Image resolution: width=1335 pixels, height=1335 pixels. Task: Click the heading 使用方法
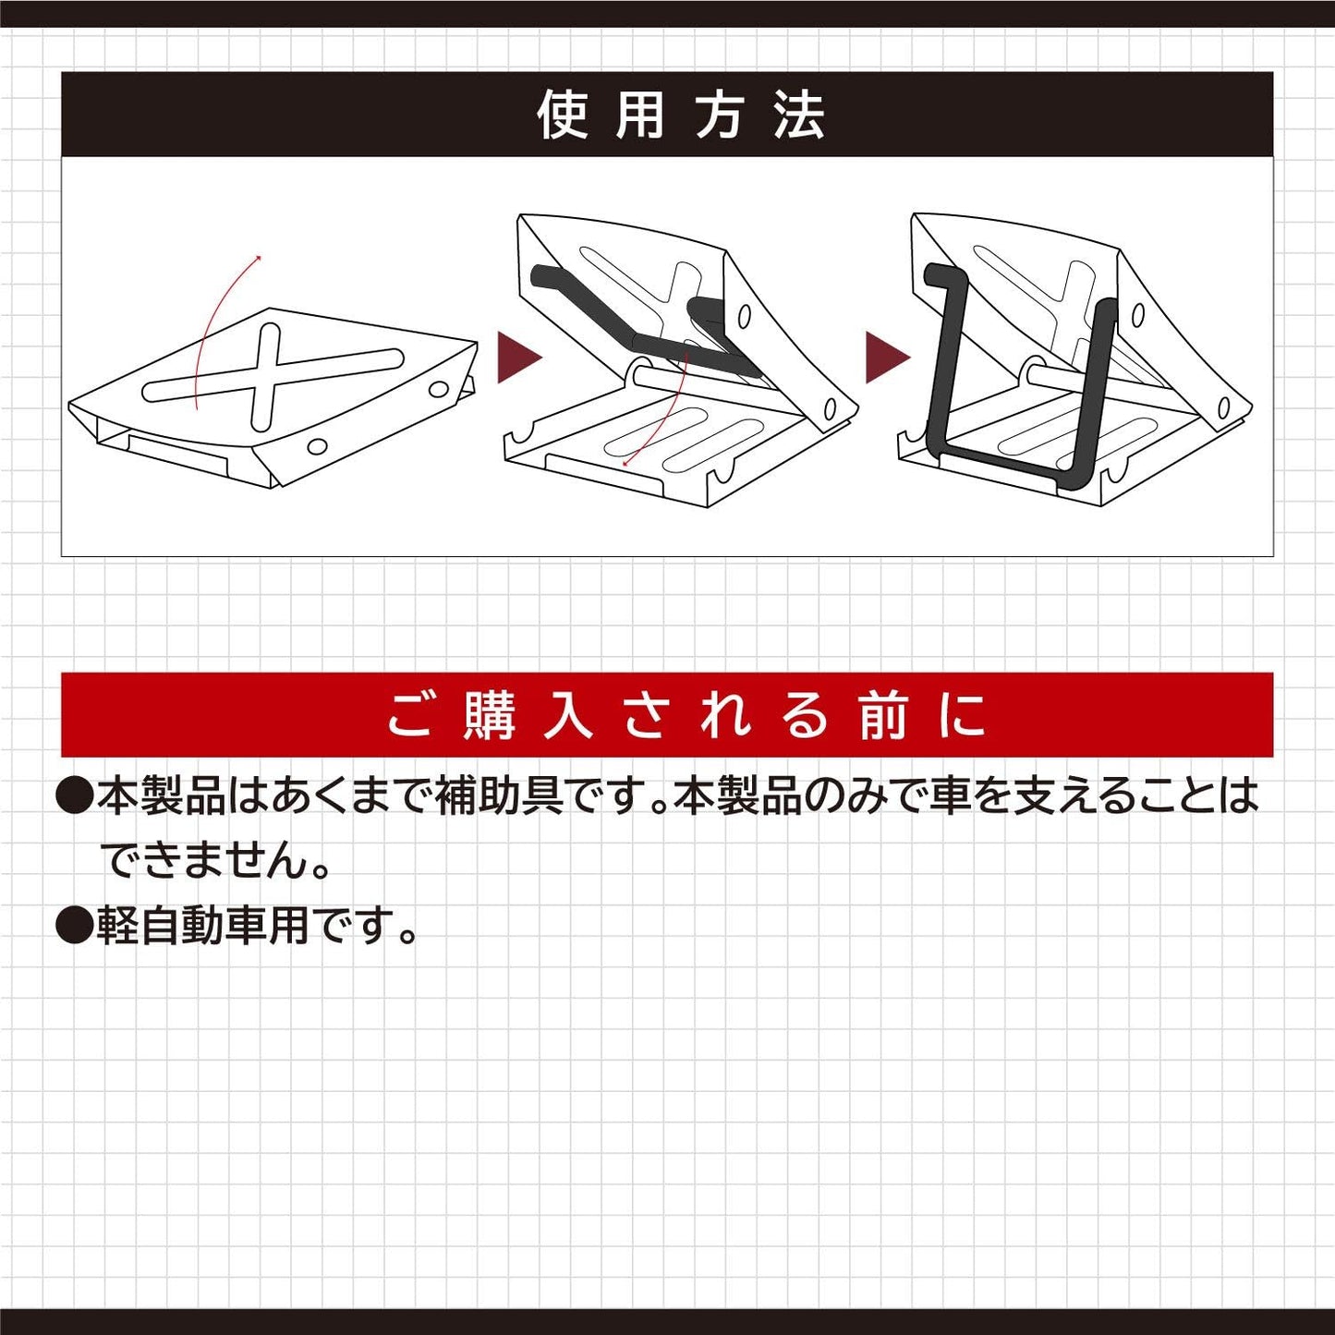[x=680, y=115]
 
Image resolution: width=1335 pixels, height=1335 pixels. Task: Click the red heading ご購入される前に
[x=686, y=716]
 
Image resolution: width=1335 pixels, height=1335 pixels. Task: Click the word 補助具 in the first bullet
[x=499, y=795]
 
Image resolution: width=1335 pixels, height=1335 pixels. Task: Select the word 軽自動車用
[x=203, y=925]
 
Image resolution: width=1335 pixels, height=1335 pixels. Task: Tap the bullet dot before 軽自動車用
[x=74, y=925]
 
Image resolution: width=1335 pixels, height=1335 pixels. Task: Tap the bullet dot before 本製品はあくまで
[x=74, y=795]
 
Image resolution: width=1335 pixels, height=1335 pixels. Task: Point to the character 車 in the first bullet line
[x=949, y=795]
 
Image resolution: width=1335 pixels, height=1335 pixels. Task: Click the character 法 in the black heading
[x=799, y=115]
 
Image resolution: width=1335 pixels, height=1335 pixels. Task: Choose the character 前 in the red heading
[x=882, y=716]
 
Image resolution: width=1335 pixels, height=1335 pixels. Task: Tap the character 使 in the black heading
[x=563, y=115]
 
